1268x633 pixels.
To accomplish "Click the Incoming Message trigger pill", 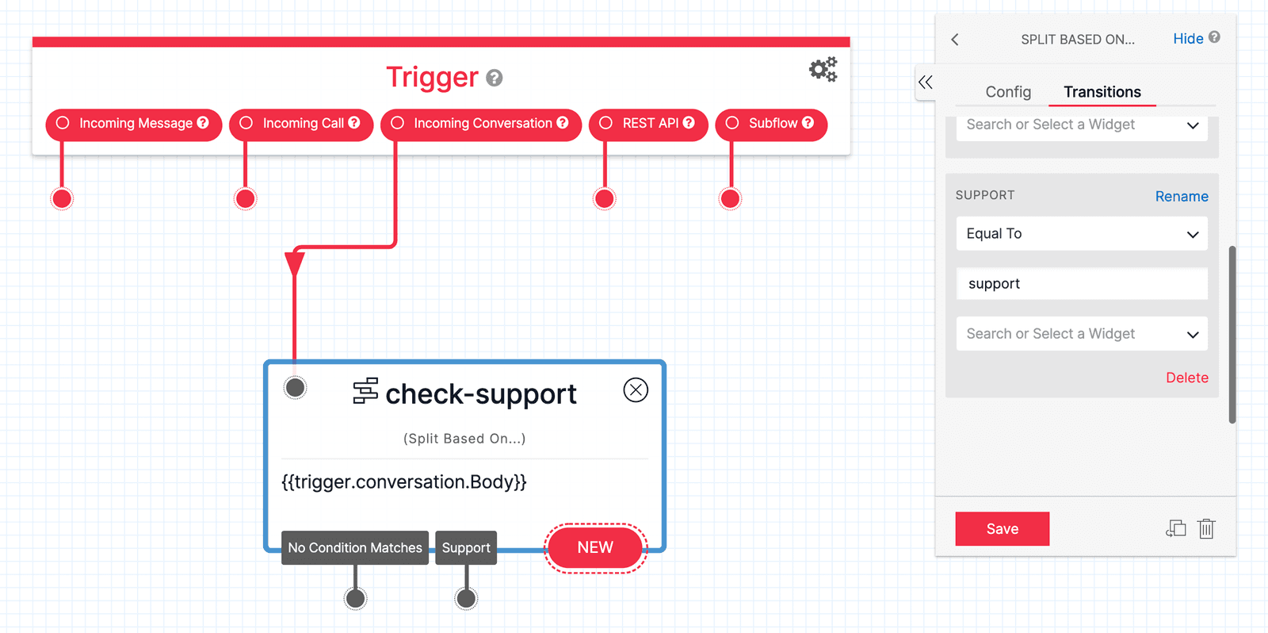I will [x=134, y=124].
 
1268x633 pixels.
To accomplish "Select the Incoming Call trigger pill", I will [x=301, y=124].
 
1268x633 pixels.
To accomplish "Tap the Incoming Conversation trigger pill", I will [x=481, y=124].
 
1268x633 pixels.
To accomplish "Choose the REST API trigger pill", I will [x=648, y=124].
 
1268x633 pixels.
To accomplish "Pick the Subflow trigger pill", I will [x=771, y=124].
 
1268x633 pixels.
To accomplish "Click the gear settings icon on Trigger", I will [x=823, y=70].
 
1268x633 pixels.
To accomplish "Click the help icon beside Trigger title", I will [x=495, y=78].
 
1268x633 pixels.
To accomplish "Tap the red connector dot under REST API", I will [x=605, y=198].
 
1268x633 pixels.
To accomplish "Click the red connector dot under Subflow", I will [x=731, y=198].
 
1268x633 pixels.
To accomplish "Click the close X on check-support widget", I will [x=636, y=389].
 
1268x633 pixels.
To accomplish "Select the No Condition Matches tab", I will [x=355, y=547].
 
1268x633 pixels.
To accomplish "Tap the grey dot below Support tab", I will [x=466, y=599].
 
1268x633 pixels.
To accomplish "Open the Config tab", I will [x=1008, y=92].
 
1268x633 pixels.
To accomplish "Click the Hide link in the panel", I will [x=1188, y=39].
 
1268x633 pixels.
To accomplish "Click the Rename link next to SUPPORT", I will [x=1181, y=196].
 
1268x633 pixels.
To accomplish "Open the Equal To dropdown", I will [x=1082, y=234].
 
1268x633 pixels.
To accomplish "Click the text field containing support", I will [x=1082, y=284].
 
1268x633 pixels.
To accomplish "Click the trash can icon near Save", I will [x=1206, y=528].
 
